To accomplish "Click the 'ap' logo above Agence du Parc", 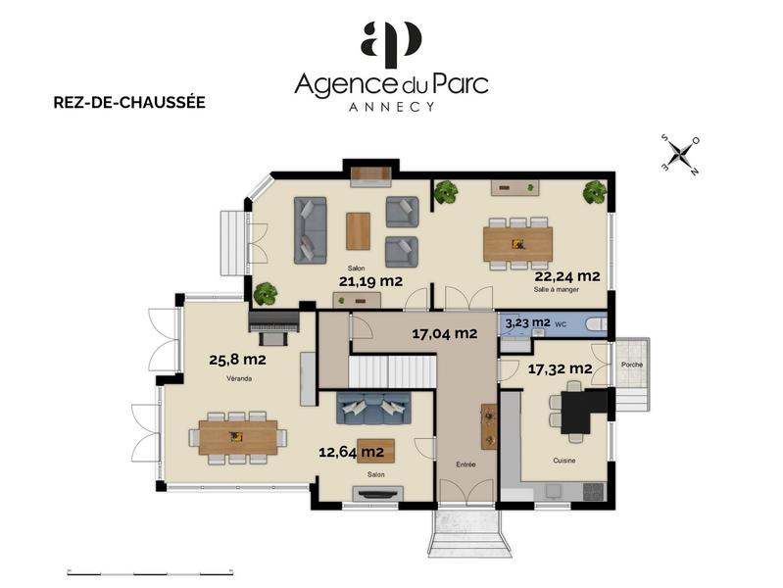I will pyautogui.click(x=391, y=43).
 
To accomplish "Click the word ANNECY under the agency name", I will pyautogui.click(x=391, y=107).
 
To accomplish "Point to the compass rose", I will pyautogui.click(x=679, y=154).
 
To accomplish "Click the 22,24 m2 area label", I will pyautogui.click(x=567, y=276).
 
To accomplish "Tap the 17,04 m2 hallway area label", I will pyautogui.click(x=444, y=333).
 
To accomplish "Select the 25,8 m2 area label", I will pyautogui.click(x=238, y=360).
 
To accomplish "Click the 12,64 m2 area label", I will pyautogui.click(x=351, y=452).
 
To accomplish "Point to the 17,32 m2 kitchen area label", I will pyautogui.click(x=560, y=368).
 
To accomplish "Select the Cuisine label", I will pyautogui.click(x=563, y=460).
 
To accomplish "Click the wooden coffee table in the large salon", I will pyautogui.click(x=358, y=231).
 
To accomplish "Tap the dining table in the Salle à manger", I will pyautogui.click(x=517, y=244).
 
